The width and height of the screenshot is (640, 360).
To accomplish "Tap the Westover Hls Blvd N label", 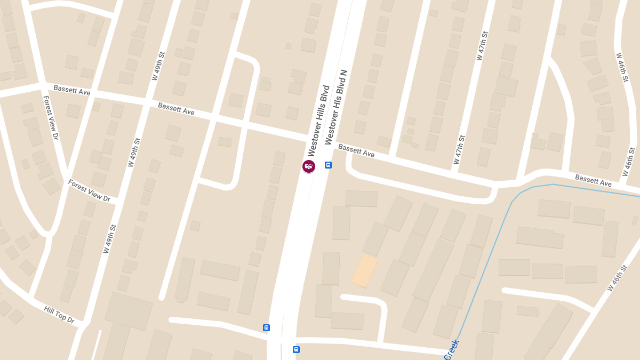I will pos(336,107).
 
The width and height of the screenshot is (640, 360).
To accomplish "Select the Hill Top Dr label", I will pos(59,315).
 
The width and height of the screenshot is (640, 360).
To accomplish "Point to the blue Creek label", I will pos(451,350).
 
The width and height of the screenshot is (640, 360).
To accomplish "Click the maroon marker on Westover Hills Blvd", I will pos(309,166).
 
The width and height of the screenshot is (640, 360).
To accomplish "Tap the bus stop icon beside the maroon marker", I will pos(329,165).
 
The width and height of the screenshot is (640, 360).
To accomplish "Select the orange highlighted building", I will pos(365,270).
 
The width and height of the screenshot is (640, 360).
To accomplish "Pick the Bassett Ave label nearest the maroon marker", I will pos(356,150).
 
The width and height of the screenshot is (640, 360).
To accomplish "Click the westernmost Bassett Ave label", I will pos(72,90).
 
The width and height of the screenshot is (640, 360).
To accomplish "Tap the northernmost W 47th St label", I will pos(482,46).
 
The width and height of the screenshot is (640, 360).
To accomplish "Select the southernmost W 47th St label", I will pos(459,149).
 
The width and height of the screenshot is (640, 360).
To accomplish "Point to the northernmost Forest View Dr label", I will pos(50,118).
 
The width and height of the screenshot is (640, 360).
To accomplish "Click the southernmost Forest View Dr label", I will pos(89,190).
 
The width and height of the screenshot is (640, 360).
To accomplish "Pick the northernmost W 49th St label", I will pos(158,66).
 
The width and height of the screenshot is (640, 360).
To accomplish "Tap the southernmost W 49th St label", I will pos(110,238).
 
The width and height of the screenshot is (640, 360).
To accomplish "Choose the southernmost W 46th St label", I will pos(618,277).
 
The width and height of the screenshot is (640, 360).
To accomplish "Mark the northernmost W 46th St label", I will pos(622,67).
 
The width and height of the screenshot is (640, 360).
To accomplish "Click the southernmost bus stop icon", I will pos(296,350).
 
